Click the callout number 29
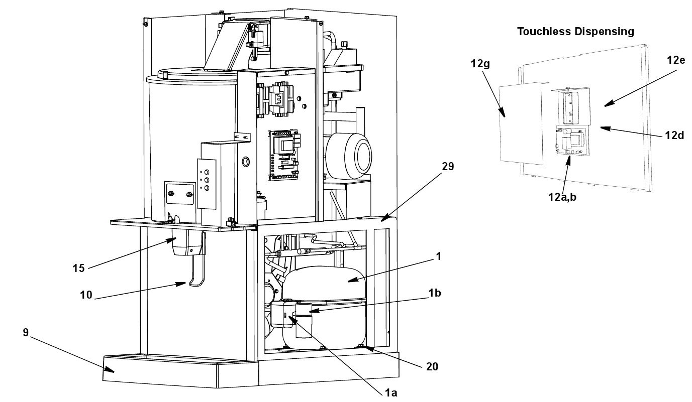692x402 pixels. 448,167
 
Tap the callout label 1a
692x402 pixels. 391,393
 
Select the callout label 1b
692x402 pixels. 435,293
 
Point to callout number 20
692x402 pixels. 432,366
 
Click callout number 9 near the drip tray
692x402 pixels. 26,332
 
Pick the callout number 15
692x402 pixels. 78,269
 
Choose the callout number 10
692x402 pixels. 86,295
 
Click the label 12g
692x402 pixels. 480,64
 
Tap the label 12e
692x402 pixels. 676,60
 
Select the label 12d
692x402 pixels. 675,135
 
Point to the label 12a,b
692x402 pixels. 562,197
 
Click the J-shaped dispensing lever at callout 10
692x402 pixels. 196,272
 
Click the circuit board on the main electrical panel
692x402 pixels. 284,155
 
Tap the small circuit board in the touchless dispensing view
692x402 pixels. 572,141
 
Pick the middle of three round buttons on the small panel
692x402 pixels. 207,180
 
